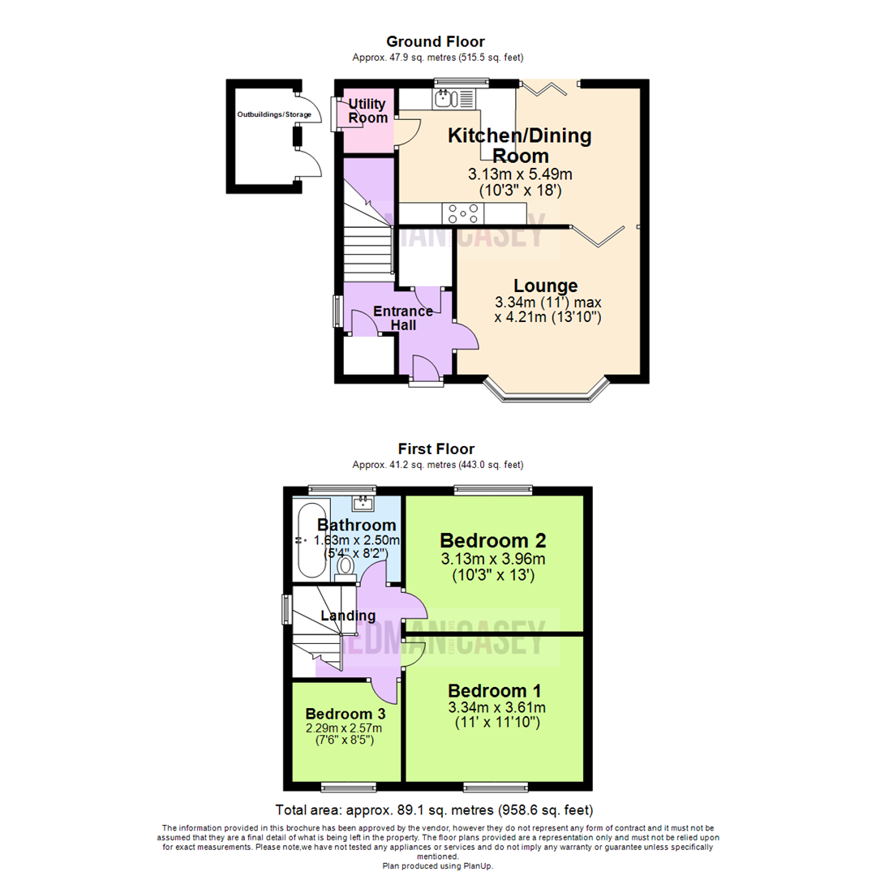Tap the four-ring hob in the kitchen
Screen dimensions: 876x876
(462, 213)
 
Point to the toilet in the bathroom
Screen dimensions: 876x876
(346, 565)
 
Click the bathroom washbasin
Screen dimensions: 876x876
(363, 503)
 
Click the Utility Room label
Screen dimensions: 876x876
(368, 111)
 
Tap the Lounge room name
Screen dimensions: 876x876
(546, 286)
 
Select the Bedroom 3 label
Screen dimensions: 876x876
(345, 714)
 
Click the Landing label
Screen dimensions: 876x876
(347, 616)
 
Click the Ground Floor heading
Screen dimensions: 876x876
(436, 41)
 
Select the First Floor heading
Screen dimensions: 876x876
(436, 449)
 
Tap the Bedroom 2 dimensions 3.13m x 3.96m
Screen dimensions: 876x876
(493, 559)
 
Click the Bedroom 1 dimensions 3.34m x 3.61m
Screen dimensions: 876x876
(494, 708)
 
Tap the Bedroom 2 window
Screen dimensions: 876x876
(493, 490)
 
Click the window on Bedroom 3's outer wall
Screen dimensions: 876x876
(348, 786)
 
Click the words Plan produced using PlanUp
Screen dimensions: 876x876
(437, 865)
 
